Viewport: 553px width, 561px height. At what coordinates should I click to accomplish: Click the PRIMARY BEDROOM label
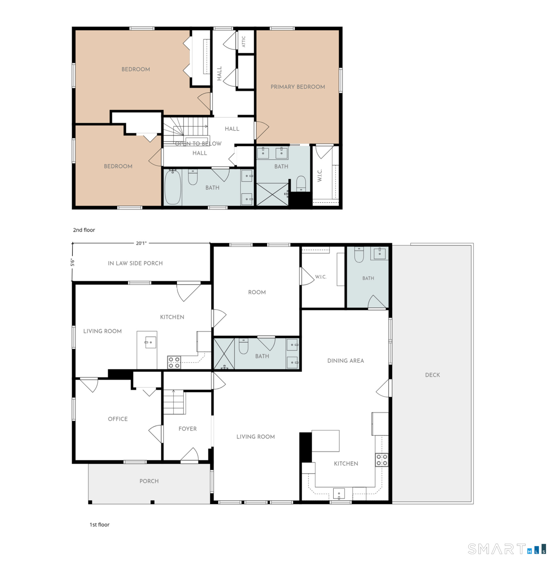point(298,87)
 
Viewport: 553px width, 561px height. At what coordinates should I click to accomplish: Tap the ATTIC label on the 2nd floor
point(243,42)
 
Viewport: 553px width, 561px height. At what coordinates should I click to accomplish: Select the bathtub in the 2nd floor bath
point(173,187)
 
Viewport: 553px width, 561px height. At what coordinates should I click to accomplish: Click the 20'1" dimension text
point(141,243)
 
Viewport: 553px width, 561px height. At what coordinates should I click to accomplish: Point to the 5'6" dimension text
point(72,262)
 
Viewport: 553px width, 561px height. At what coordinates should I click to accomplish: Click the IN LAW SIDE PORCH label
point(135,263)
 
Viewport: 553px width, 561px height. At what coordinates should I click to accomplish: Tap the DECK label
point(432,375)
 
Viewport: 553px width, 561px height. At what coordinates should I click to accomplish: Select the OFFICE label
point(118,419)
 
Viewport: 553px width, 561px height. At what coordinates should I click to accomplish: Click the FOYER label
point(187,429)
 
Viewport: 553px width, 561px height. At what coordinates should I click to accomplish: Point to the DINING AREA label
point(345,361)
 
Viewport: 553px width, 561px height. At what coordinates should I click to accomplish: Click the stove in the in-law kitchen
point(174,362)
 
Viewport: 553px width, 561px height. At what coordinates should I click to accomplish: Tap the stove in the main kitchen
point(382,460)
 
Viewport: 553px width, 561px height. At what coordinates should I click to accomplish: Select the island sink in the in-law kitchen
point(150,342)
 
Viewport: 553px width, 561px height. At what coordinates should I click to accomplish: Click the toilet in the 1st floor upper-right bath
point(359,255)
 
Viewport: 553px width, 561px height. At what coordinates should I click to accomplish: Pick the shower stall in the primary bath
point(272,194)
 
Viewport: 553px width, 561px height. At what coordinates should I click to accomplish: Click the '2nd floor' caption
point(84,230)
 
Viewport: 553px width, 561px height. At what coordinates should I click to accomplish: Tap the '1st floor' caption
point(100,524)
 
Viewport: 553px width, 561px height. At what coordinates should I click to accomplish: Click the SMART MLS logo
point(507,549)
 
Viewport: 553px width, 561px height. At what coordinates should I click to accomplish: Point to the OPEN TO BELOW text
point(198,144)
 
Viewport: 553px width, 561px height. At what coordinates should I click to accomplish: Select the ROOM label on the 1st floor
point(257,292)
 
